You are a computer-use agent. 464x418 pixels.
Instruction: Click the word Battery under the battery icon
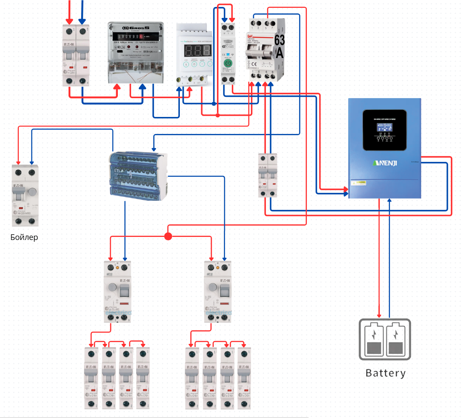(x=385, y=373)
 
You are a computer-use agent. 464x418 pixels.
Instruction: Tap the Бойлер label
(x=24, y=238)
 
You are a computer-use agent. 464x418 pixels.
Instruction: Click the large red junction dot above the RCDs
(x=168, y=236)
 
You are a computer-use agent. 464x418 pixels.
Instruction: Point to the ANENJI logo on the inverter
(x=384, y=163)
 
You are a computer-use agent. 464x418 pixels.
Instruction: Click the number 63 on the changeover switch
(x=279, y=41)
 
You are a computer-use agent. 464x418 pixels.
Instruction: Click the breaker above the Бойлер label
(x=24, y=195)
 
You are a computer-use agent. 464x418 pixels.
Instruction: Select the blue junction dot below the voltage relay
(x=213, y=103)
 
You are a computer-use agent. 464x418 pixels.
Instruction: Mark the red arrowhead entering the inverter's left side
(x=346, y=189)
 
